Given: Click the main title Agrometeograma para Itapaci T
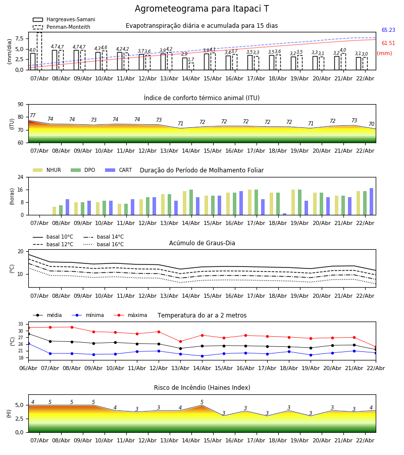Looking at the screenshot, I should tap(201, 9).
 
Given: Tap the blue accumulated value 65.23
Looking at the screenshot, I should tap(388, 30).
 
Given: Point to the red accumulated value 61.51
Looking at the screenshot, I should tap(388, 43).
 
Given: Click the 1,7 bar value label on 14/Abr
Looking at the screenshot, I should tap(191, 60).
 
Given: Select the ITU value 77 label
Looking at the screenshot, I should tap(33, 116).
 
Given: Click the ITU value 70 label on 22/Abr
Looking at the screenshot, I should tap(371, 124).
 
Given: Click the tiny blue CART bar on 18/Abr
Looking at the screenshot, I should tap(285, 214).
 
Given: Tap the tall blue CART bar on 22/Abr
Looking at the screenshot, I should tap(372, 201).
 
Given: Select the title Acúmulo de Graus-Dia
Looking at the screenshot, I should tap(202, 243).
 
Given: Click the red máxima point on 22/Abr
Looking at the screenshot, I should tap(376, 347).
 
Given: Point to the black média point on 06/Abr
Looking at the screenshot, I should tap(28, 334).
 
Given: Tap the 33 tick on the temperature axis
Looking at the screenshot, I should tap(21, 324).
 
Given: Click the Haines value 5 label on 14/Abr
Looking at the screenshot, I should tap(202, 402).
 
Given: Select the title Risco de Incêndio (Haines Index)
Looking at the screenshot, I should tap(202, 388).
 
